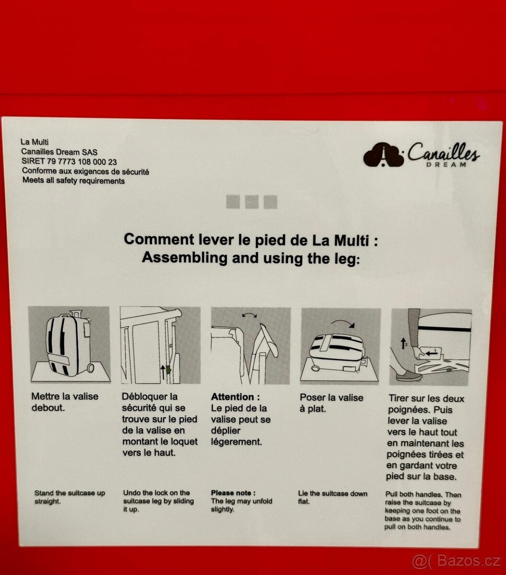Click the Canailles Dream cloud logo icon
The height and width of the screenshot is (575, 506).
(x=383, y=155)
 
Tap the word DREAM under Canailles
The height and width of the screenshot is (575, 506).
(x=446, y=165)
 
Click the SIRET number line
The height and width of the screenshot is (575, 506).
(x=69, y=161)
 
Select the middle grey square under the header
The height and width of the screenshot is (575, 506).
(x=251, y=202)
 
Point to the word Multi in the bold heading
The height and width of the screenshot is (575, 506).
(x=351, y=240)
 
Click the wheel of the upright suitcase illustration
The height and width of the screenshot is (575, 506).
(x=90, y=368)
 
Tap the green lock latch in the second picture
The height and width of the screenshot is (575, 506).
(x=168, y=369)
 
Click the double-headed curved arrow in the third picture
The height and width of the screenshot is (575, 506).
(x=249, y=315)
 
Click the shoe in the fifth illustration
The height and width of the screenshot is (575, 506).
(x=408, y=376)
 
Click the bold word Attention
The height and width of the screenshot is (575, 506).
(x=233, y=396)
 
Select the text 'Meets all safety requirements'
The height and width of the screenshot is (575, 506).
(x=73, y=181)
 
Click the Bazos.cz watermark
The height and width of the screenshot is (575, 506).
(x=456, y=561)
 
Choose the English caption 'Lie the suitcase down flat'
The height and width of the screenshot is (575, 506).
(x=333, y=497)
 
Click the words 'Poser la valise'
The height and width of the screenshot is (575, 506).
(x=331, y=398)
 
